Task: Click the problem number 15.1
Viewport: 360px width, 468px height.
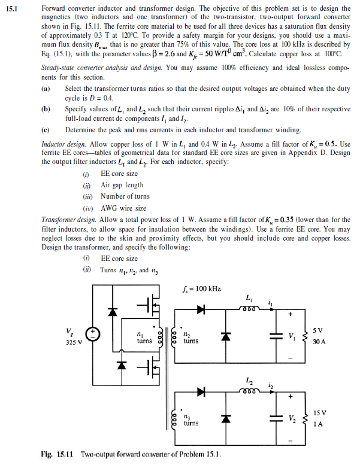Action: click(x=13, y=9)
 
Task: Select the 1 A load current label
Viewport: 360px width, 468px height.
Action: click(x=317, y=425)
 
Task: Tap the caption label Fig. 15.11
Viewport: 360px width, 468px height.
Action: click(x=57, y=455)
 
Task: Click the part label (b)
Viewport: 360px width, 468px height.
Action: click(x=46, y=108)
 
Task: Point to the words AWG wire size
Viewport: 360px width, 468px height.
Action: click(x=124, y=208)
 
